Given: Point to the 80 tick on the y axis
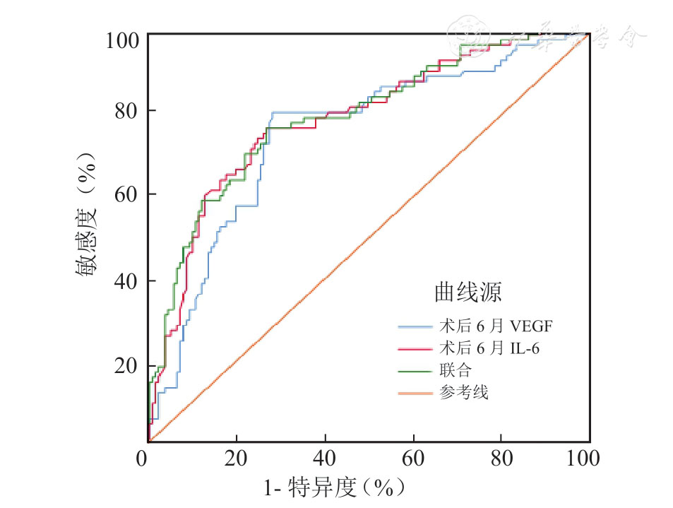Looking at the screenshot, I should pos(127,112).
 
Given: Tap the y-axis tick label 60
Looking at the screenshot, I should pos(127,195).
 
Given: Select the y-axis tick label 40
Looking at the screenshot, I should pos(127,281).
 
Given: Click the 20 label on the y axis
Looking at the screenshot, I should pos(127,366).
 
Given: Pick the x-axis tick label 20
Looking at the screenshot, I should pos(237,459).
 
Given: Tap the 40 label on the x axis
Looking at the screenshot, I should pos(324,459).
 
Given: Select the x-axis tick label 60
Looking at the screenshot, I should pos(412,459).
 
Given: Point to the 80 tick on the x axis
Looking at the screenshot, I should pos(501,459).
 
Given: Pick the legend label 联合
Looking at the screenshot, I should pos(455,370).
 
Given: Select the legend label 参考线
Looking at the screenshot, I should pos(463,392).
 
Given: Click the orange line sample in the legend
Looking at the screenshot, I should pos(415,392).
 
